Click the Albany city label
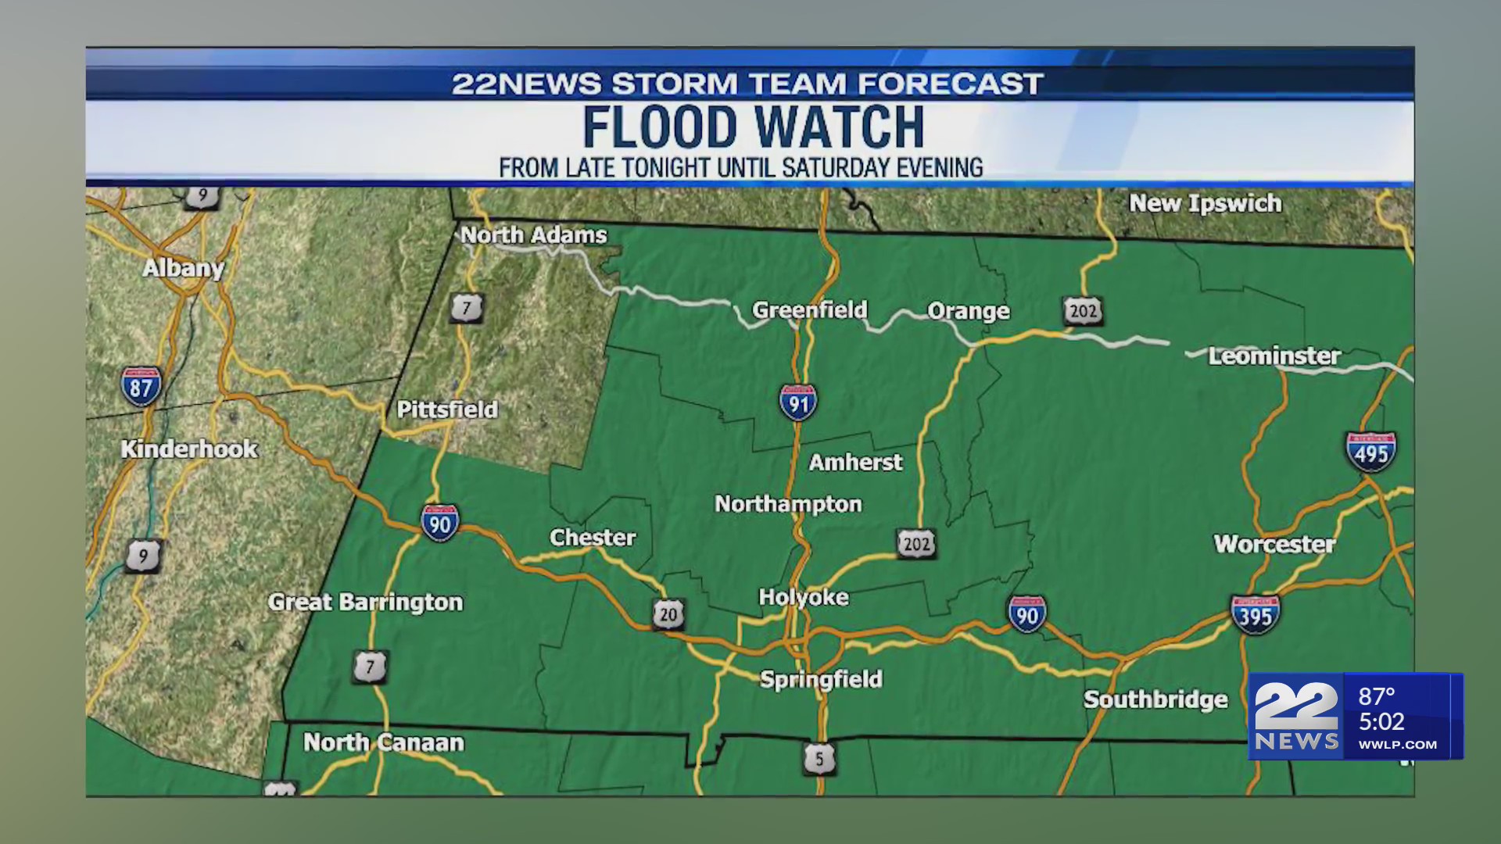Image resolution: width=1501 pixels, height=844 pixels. coord(183,268)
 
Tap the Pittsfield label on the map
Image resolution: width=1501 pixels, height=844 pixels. coord(447,409)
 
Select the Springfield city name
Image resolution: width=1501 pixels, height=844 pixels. coord(821,679)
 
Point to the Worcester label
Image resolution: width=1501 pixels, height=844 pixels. coord(1274,544)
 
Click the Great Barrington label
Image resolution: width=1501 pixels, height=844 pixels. coord(365,602)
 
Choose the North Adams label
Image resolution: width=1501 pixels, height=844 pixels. coord(533,234)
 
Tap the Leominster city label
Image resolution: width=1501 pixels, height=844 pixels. coord(1274,356)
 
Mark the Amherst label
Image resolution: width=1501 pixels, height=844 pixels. coord(855,462)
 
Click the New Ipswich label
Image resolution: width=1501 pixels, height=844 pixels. coord(1205,203)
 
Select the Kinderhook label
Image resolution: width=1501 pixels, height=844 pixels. coord(189,449)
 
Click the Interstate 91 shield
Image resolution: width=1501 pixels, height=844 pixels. coord(798,402)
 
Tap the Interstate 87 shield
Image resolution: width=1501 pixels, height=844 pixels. coord(142,387)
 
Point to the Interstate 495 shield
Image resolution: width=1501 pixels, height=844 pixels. coord(1370,452)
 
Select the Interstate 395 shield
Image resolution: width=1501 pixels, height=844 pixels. coord(1255,614)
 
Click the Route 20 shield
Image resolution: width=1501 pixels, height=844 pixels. coord(668,614)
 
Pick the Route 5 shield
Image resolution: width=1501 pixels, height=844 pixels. coord(819,758)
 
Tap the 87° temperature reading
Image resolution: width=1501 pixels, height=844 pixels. coord(1377,696)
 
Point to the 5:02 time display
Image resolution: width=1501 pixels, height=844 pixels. coord(1381,721)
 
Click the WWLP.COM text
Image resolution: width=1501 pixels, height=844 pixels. coord(1397,745)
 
